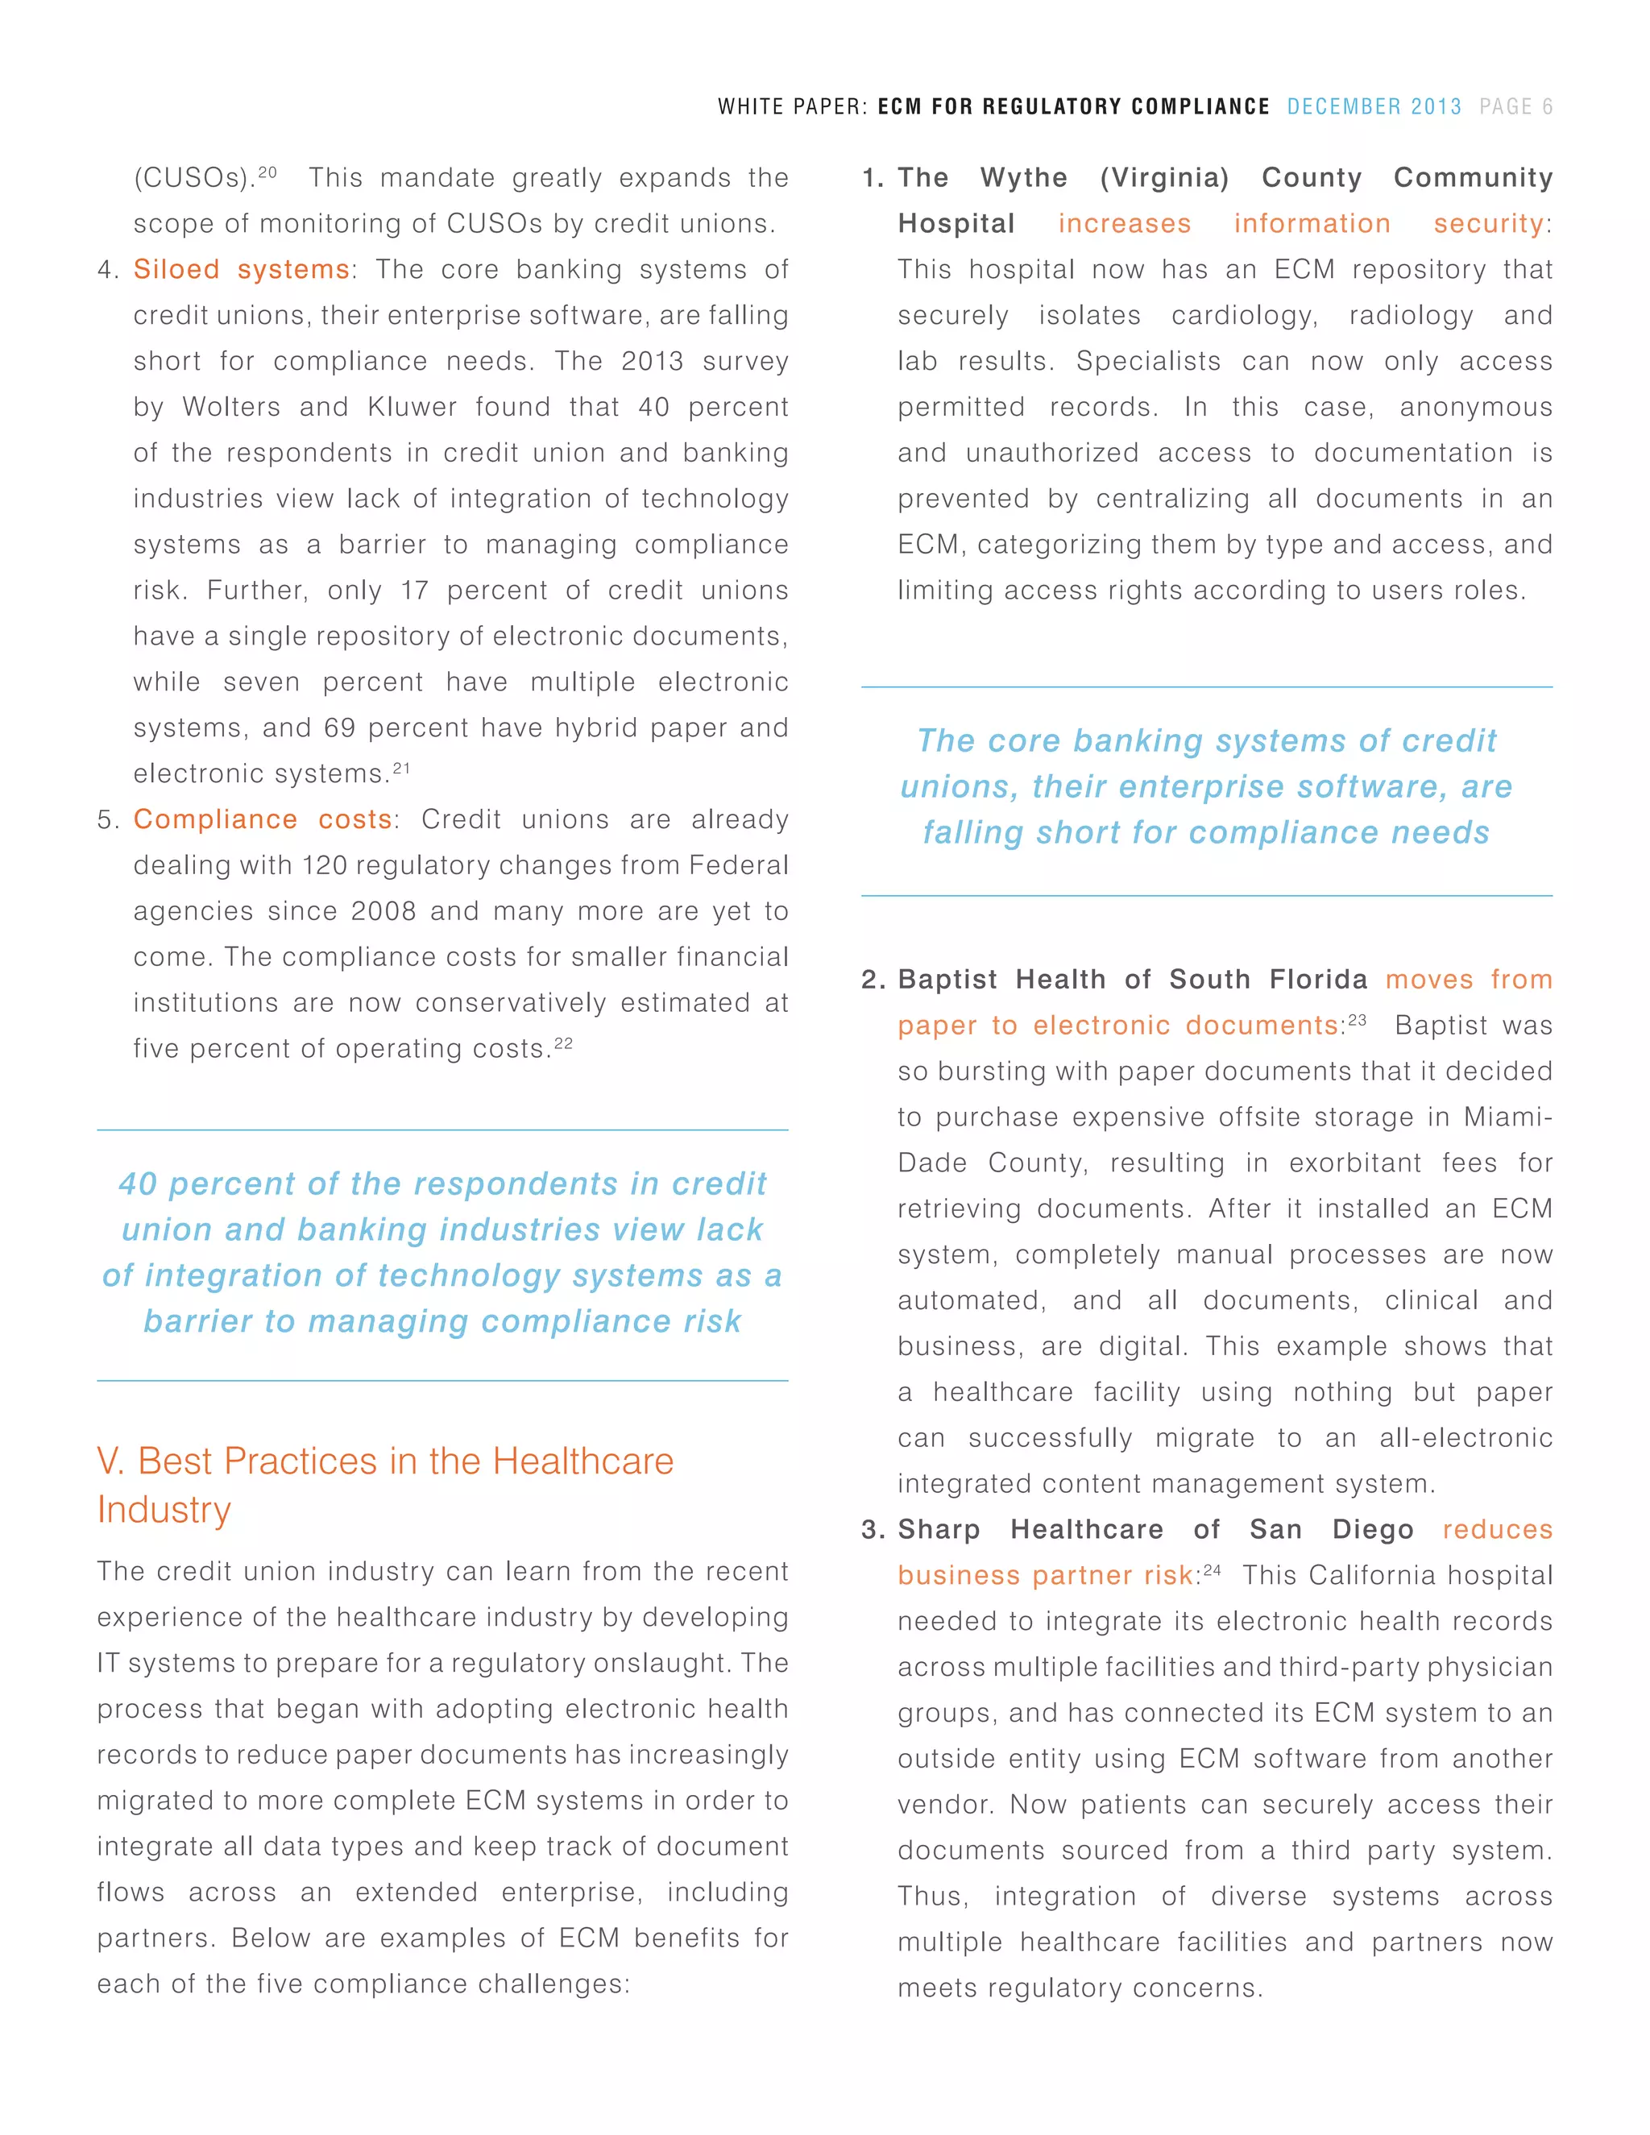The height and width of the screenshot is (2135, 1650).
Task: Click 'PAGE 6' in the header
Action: pyautogui.click(x=1515, y=106)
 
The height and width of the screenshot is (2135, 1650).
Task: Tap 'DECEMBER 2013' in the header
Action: pyautogui.click(x=1374, y=106)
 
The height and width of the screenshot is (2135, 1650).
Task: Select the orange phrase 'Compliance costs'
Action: pyautogui.click(x=263, y=819)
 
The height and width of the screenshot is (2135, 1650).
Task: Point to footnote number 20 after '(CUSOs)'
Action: pyautogui.click(x=267, y=172)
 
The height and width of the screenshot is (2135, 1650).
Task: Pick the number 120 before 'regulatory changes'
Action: pyautogui.click(x=325, y=865)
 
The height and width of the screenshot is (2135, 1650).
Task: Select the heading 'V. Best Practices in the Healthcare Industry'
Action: pyautogui.click(x=385, y=1484)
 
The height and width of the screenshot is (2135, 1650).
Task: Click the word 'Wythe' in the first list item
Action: pyautogui.click(x=1023, y=178)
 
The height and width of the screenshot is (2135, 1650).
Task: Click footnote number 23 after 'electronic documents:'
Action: pyautogui.click(x=1357, y=1020)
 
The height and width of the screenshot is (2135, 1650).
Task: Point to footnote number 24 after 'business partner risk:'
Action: pyautogui.click(x=1212, y=1570)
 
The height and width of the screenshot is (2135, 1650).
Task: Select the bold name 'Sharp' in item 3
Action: pyautogui.click(x=939, y=1529)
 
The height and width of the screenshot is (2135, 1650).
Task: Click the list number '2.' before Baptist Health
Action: pyautogui.click(x=873, y=980)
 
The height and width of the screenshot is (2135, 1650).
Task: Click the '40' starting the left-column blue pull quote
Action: pyautogui.click(x=138, y=1184)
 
